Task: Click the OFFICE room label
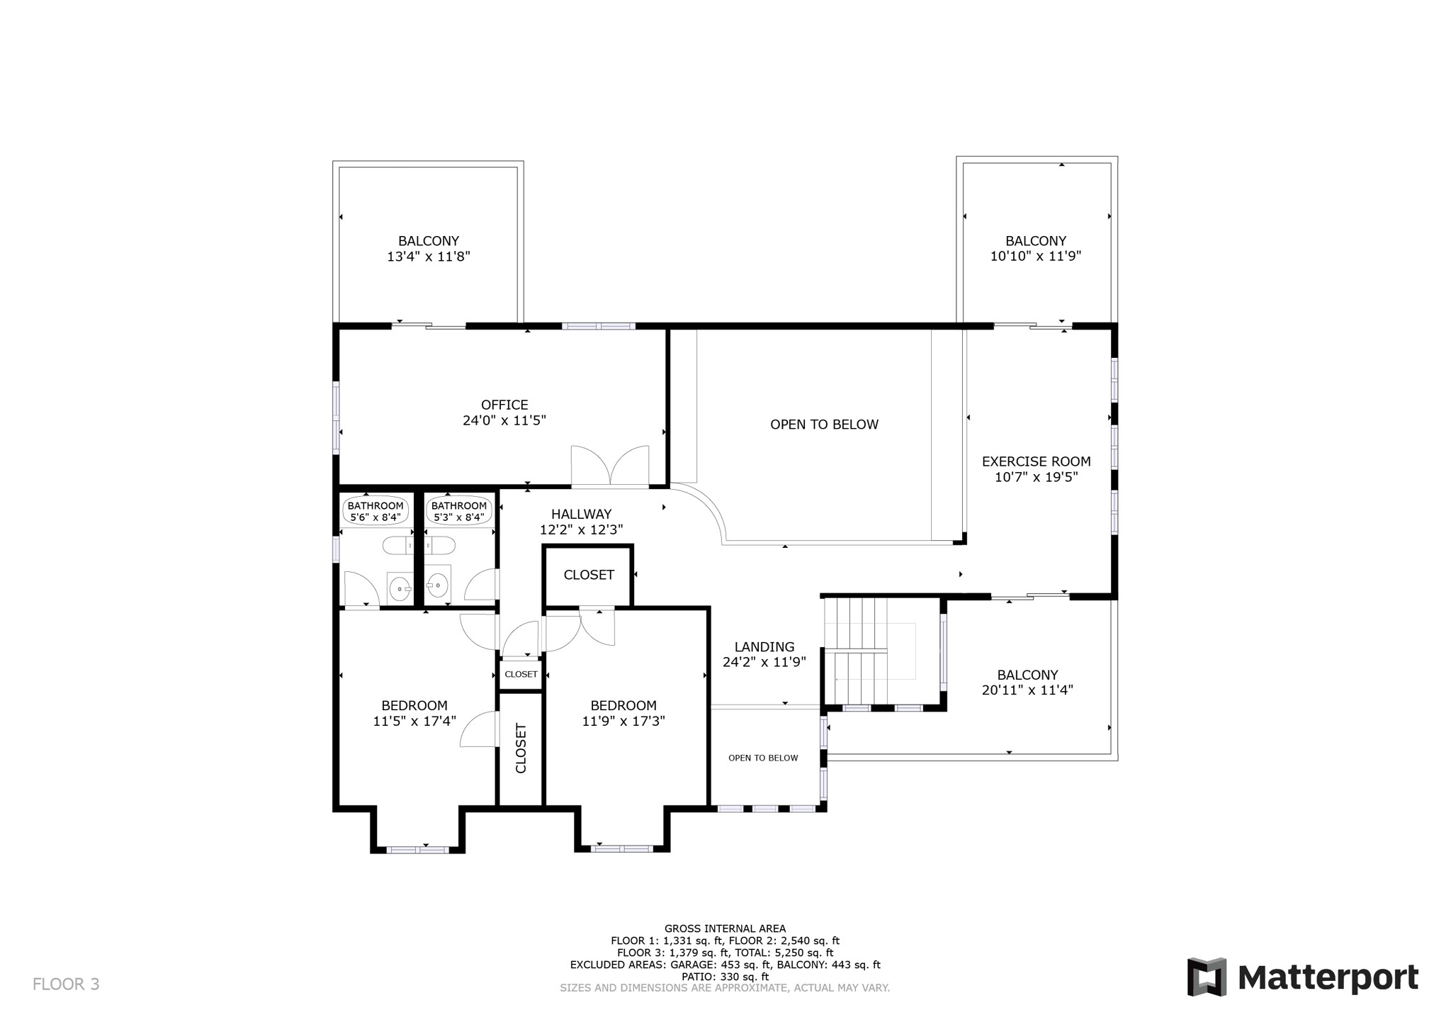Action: click(504, 405)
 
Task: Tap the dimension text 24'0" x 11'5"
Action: click(504, 420)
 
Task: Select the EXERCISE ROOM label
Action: click(1036, 461)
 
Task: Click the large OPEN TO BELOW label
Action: click(824, 425)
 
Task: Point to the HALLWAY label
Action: click(581, 514)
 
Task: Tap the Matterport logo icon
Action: click(1207, 977)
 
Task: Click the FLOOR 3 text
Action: click(66, 984)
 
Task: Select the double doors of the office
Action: click(610, 466)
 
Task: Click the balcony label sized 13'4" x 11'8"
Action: click(428, 249)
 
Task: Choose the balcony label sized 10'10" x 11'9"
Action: click(1035, 249)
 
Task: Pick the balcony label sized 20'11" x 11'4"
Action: click(1027, 683)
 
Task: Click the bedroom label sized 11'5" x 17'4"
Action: click(414, 713)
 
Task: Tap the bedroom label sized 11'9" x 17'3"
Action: click(623, 713)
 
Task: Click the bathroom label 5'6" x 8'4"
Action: click(376, 511)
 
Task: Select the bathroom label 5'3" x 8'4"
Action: click(459, 511)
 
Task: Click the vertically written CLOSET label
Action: click(521, 748)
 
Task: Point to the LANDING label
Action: click(764, 646)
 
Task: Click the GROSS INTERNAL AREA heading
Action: click(725, 928)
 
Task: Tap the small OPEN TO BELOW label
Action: click(763, 758)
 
